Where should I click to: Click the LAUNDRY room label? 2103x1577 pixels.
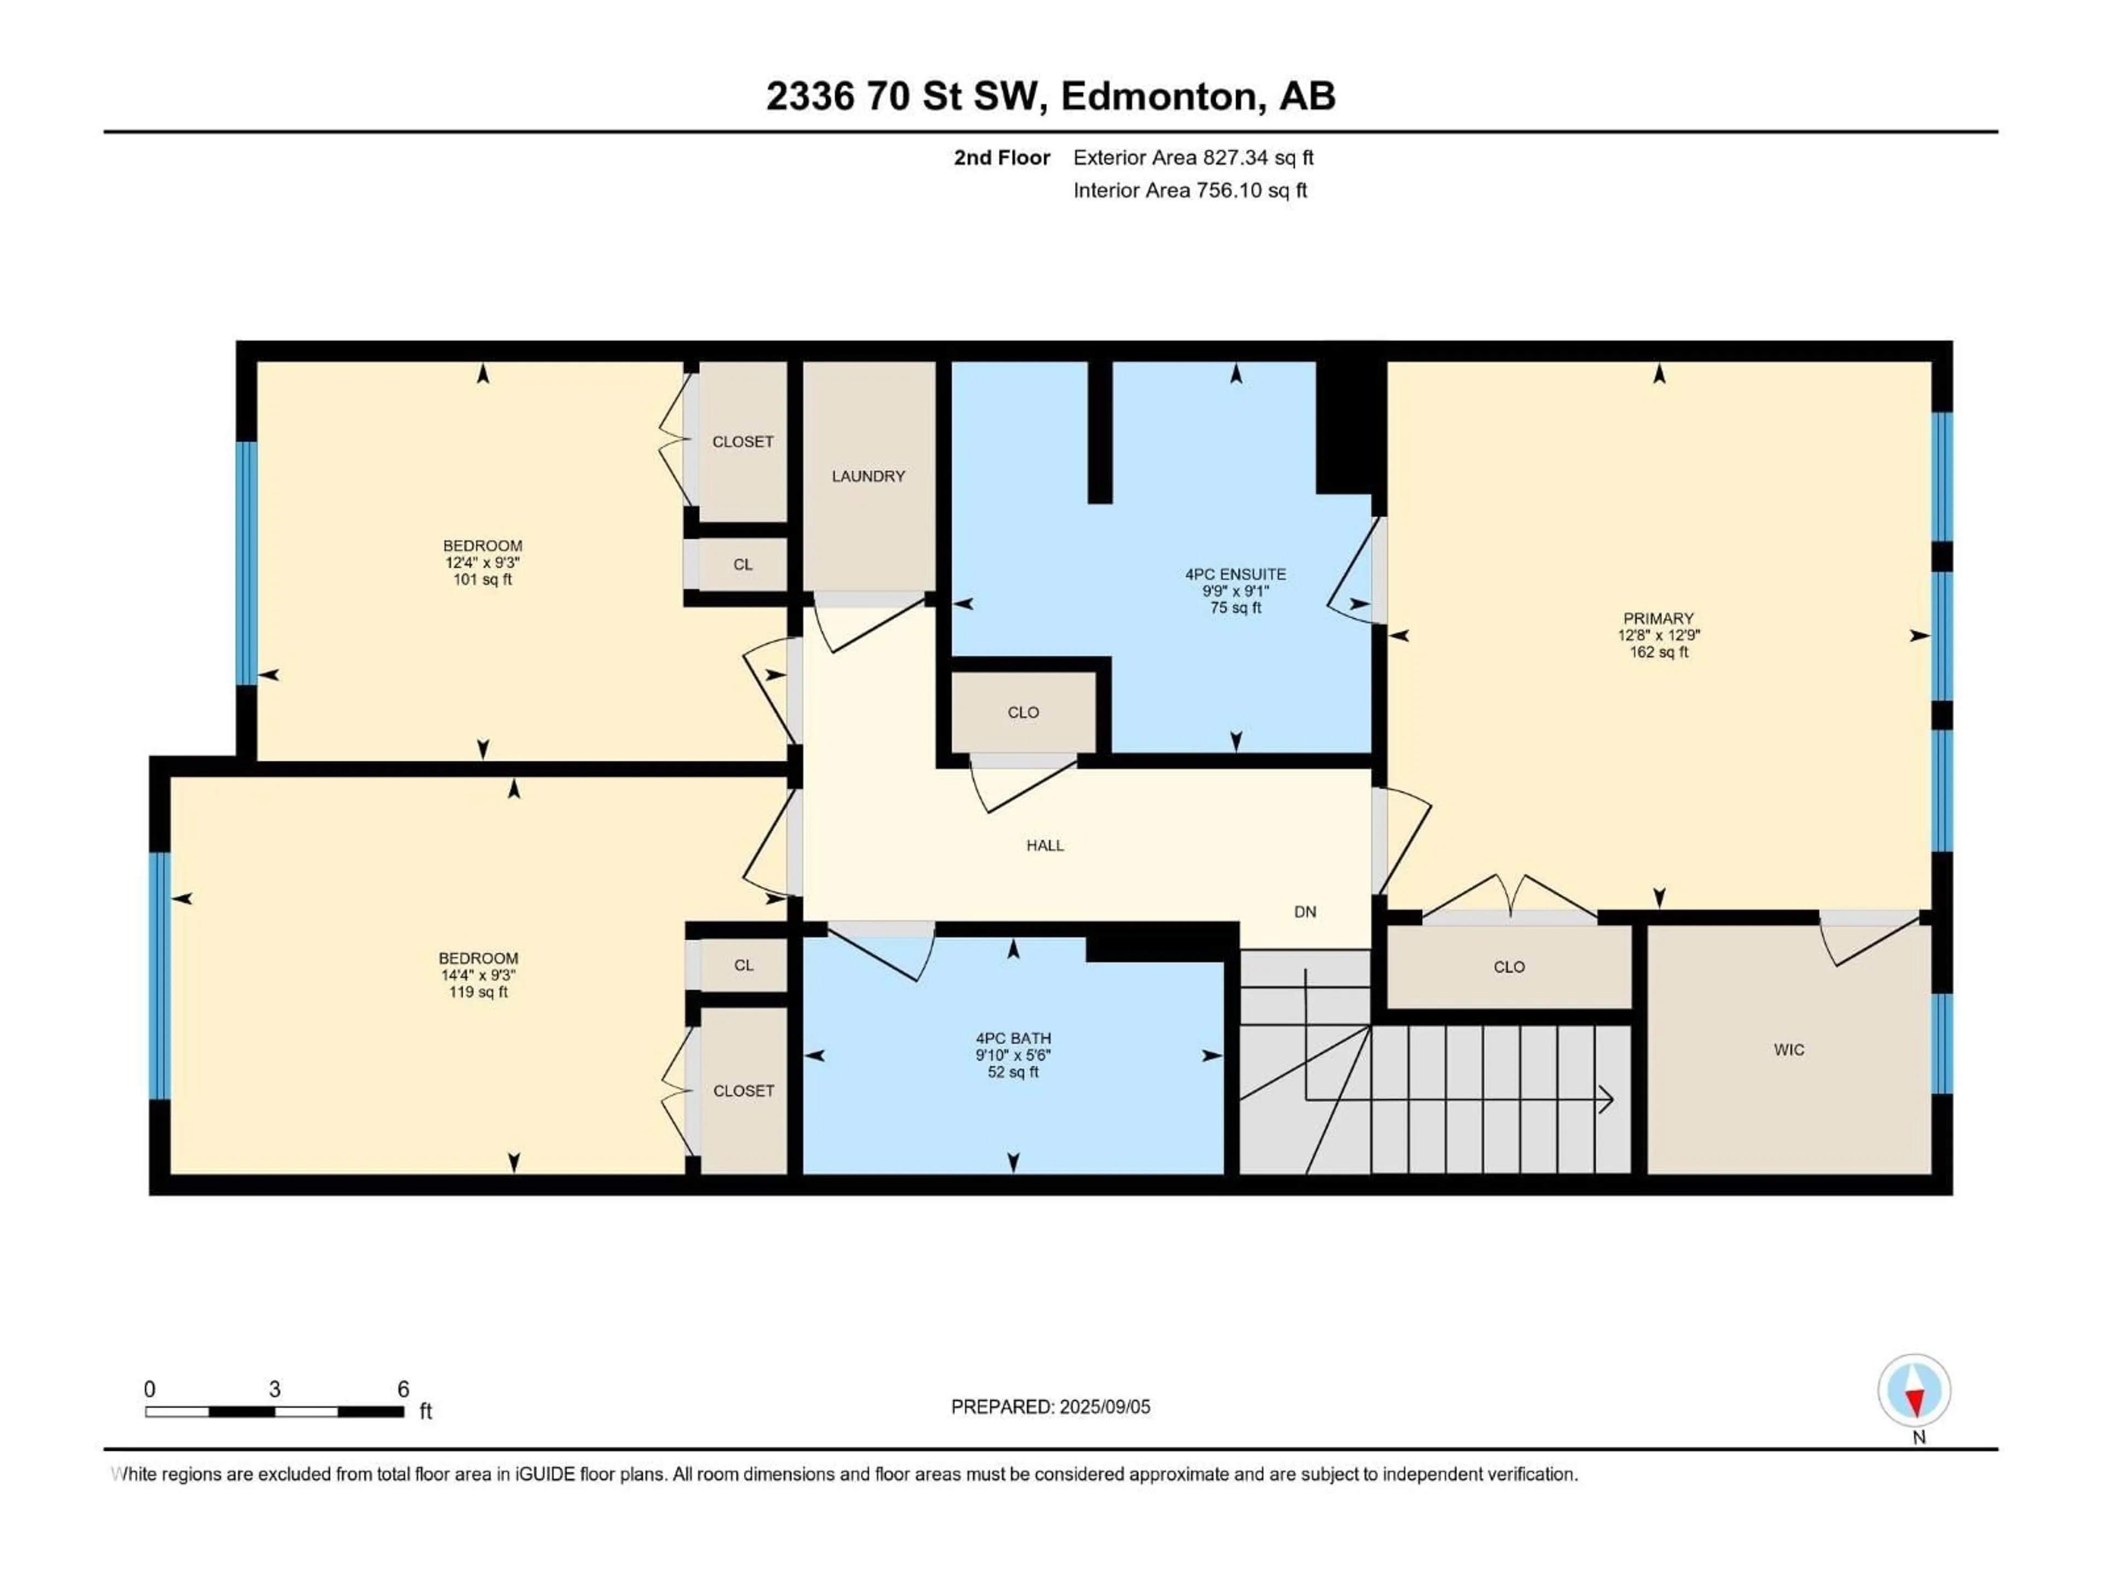tap(868, 476)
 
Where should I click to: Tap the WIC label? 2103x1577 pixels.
tap(1788, 1050)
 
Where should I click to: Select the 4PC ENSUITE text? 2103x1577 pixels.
tap(1235, 574)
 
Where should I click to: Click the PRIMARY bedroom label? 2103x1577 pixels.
tap(1658, 618)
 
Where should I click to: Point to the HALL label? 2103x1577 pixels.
tap(1045, 845)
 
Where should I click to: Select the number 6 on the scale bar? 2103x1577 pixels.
tap(403, 1389)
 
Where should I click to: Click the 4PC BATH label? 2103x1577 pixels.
tap(1013, 1039)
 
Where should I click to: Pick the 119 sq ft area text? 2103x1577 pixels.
tap(478, 992)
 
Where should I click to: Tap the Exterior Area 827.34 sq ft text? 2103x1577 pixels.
tap(1193, 158)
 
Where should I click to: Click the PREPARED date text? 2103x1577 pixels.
tap(1050, 1407)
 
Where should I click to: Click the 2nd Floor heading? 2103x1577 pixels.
tap(1002, 158)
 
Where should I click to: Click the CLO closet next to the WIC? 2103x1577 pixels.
tap(1509, 966)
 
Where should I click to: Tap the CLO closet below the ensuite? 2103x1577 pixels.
tap(1023, 712)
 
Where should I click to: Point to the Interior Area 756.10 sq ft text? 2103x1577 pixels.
tap(1190, 190)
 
